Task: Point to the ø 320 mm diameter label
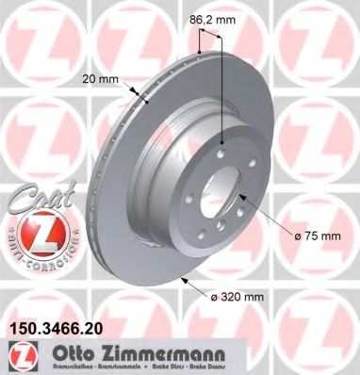coord(237,297)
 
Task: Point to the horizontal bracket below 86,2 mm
coord(210,35)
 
